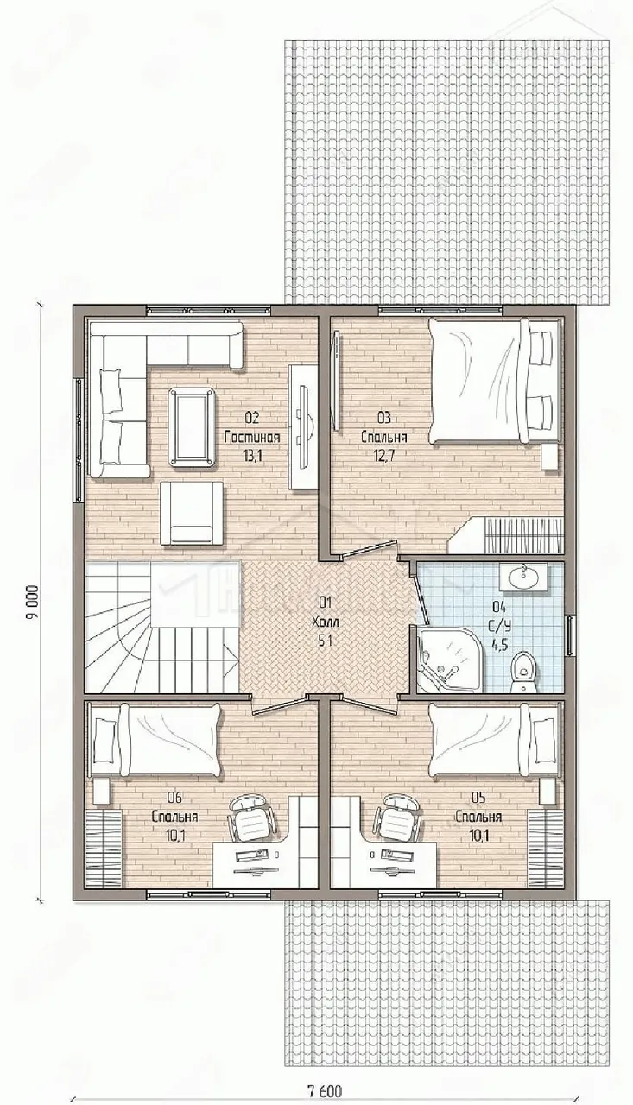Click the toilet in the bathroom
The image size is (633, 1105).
click(520, 672)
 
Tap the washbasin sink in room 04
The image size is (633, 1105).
click(522, 576)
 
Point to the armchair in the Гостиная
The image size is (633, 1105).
click(192, 513)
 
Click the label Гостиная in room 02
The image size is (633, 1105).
click(252, 437)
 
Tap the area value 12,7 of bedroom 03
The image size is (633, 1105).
click(383, 455)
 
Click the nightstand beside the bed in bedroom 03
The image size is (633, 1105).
click(553, 458)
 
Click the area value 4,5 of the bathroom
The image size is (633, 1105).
click(501, 644)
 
